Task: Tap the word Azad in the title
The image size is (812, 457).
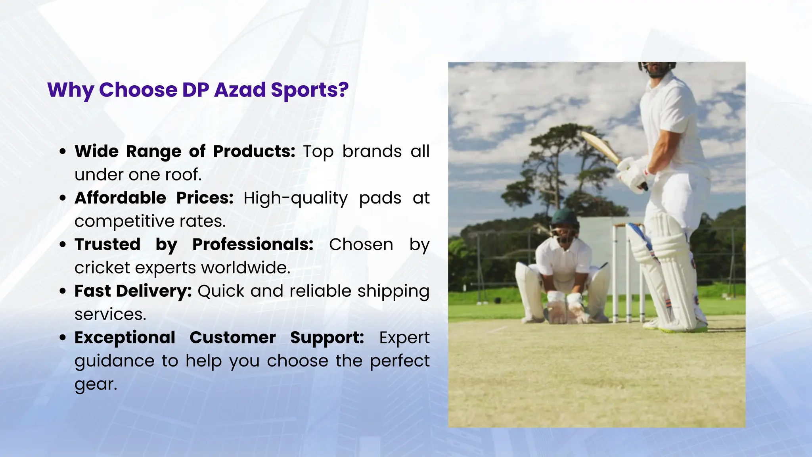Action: click(x=240, y=89)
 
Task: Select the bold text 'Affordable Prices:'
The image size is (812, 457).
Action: click(x=154, y=198)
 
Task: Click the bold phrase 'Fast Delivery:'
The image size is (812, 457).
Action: click(x=133, y=291)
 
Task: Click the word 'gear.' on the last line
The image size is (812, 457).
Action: click(x=96, y=384)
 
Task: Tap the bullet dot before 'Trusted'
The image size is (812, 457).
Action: click(x=63, y=245)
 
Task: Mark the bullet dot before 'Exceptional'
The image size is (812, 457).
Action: click(x=63, y=338)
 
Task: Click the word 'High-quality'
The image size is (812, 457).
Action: click(x=295, y=198)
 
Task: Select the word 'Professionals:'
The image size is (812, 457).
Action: click(x=253, y=244)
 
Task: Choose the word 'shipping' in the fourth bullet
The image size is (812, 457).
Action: click(x=393, y=291)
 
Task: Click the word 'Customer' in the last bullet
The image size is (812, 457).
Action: click(x=232, y=338)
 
